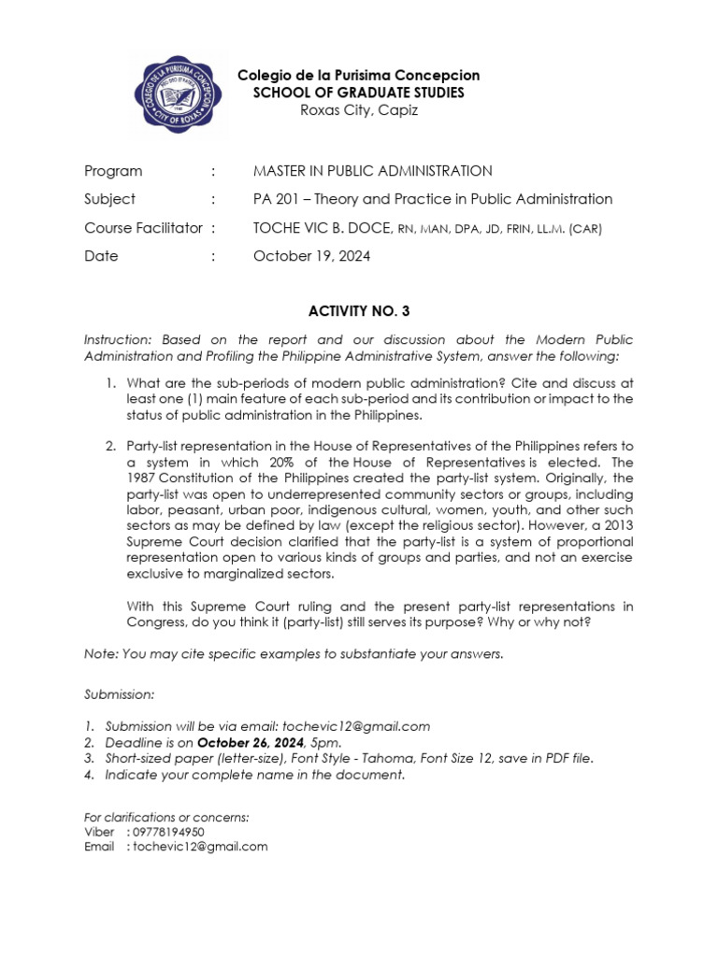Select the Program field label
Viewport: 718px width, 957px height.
(113, 171)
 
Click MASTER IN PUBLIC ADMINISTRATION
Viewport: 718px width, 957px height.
(372, 171)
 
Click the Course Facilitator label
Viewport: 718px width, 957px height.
(143, 228)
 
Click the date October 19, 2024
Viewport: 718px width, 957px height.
(311, 256)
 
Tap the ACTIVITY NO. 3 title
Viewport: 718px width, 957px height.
(358, 311)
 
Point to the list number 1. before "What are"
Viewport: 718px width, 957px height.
(109, 383)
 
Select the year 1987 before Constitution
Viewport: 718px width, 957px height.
(144, 478)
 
